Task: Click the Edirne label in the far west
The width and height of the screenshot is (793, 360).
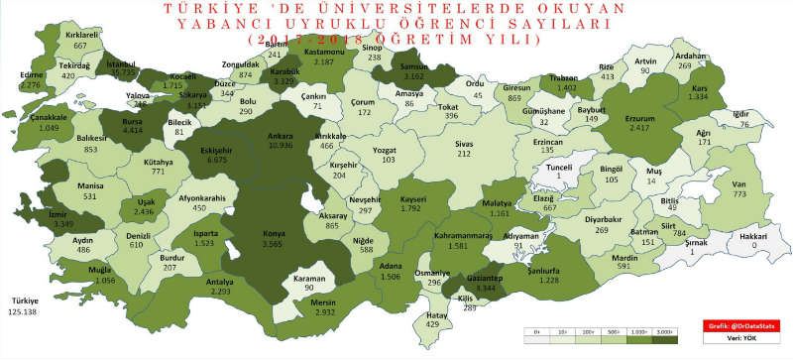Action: (31, 72)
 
